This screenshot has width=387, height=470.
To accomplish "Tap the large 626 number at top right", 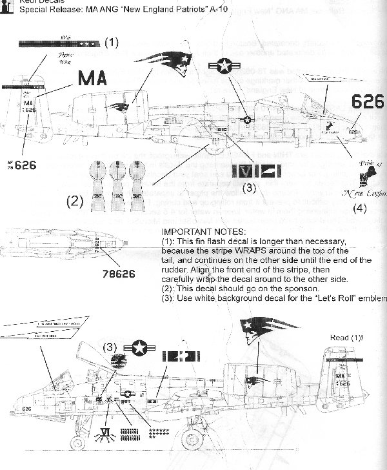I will pos(368,101).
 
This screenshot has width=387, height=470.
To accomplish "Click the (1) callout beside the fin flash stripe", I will pos(112,43).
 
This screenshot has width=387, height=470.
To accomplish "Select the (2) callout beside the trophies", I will pos(75,201).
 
